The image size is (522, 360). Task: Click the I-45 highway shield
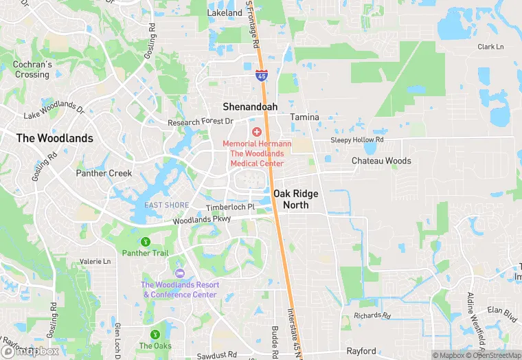(x=262, y=75)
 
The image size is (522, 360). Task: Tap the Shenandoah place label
(x=250, y=106)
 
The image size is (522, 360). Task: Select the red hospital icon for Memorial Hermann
(x=257, y=131)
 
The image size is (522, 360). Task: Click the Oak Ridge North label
(x=295, y=199)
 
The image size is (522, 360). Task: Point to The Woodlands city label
(x=54, y=138)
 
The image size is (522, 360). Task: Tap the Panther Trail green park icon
(x=145, y=241)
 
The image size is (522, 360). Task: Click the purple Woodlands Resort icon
(x=180, y=273)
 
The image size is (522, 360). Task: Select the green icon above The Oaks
(x=155, y=334)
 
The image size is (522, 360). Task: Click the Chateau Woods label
(x=381, y=161)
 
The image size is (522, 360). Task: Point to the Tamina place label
(x=304, y=117)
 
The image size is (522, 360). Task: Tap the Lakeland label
(x=225, y=12)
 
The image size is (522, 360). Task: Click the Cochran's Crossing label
(x=32, y=69)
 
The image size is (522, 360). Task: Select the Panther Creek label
(x=104, y=173)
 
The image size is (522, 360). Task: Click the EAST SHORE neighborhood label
(x=166, y=205)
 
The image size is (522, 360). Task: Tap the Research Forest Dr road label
(x=201, y=122)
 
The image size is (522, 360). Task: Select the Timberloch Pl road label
(x=230, y=207)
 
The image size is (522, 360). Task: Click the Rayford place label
(x=361, y=351)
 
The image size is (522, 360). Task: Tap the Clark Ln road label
(x=490, y=47)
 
